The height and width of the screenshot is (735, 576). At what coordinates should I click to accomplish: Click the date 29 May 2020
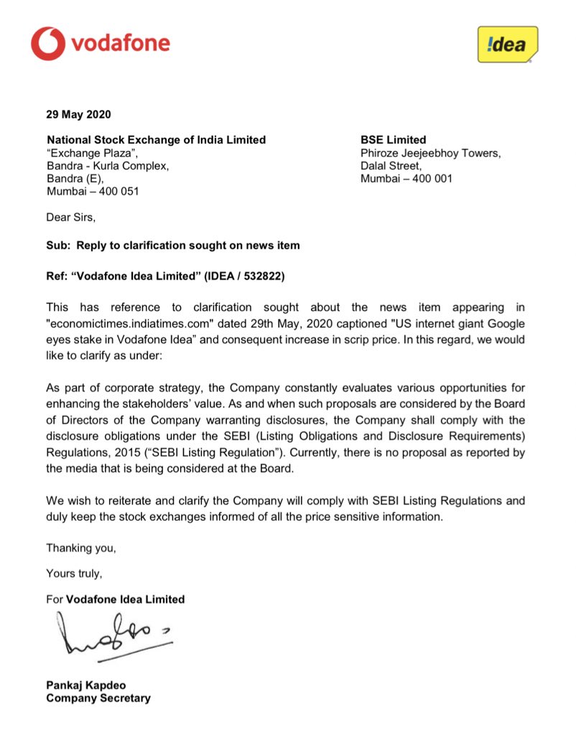79,114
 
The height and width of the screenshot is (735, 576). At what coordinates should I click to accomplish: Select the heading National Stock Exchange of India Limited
156,140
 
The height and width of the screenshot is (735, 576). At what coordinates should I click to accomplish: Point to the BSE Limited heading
393,140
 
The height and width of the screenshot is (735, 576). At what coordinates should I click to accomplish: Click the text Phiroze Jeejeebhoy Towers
430,153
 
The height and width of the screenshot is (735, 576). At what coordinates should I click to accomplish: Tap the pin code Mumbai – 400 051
93,192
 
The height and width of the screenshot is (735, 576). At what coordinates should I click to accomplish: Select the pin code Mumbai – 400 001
406,179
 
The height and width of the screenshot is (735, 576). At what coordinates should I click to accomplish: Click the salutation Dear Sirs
70,218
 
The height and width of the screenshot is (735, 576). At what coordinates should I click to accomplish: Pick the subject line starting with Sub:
173,245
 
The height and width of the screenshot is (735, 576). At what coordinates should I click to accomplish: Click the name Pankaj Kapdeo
88,685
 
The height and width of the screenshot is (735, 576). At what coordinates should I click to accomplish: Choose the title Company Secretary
98,698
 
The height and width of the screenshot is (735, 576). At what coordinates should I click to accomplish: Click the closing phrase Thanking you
81,548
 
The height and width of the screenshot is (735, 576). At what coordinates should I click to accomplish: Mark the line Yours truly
74,573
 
